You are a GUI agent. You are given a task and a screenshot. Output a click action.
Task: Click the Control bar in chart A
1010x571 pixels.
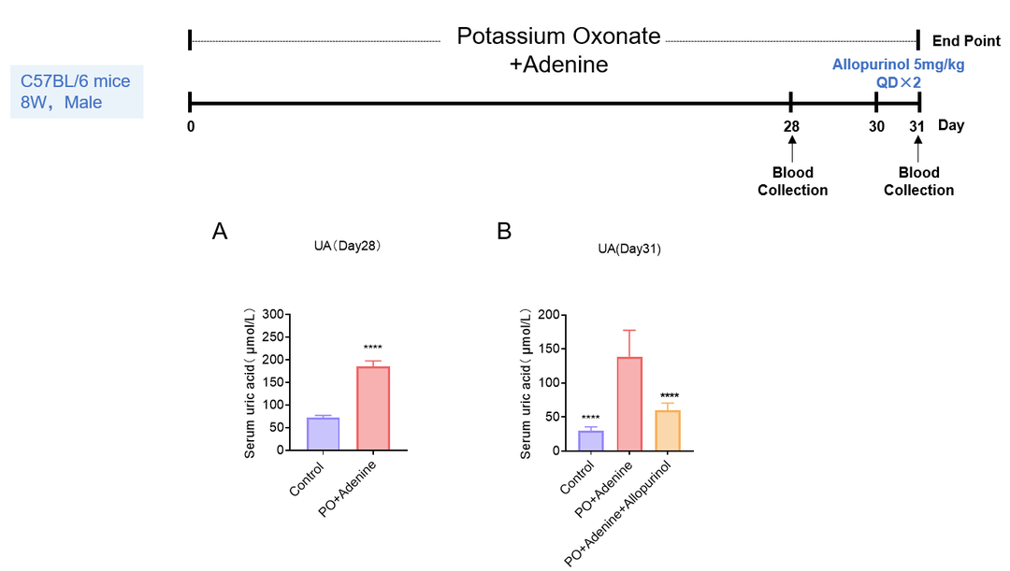[x=324, y=434]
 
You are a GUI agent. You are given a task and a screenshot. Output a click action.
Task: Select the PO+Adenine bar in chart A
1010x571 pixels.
[x=372, y=408]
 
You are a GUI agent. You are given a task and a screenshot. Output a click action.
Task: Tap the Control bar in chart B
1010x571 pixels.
[x=590, y=440]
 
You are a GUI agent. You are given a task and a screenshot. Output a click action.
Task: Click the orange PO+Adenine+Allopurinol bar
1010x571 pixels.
[x=668, y=431]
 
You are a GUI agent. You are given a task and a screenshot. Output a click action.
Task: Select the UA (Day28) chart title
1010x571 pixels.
[x=347, y=247]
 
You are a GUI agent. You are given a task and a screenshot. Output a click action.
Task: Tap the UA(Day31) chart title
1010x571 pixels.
[x=628, y=250]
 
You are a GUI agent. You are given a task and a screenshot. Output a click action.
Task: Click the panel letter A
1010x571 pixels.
[x=221, y=232]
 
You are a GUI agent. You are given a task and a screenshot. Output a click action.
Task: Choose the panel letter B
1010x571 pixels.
[x=504, y=232]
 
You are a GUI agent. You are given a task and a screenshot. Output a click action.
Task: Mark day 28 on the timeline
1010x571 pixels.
[x=791, y=126]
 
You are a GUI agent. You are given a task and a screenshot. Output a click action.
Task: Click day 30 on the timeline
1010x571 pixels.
[x=876, y=126]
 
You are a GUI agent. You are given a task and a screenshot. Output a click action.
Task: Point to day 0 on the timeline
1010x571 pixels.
[x=190, y=126]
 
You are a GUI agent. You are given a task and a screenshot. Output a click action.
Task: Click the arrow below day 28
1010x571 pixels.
[x=792, y=149]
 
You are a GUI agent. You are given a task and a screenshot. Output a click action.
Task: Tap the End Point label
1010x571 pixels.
[x=966, y=41]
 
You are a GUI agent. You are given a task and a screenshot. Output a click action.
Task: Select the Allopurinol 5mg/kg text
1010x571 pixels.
[x=898, y=65]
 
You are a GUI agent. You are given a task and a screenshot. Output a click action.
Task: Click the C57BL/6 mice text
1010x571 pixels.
[x=76, y=81]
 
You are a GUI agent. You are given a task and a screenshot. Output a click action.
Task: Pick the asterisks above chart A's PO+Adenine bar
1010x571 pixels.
[x=372, y=348]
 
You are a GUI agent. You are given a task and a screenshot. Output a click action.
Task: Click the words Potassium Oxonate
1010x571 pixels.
[x=558, y=37]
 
